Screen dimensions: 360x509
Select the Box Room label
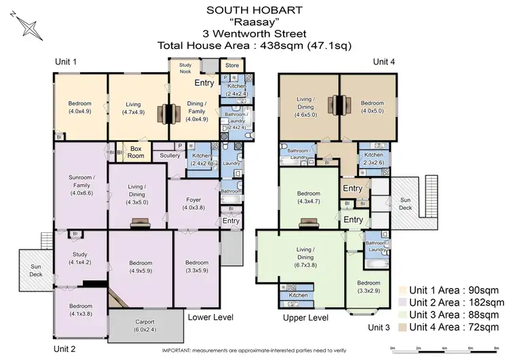tap(135, 151)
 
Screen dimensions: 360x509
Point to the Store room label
tap(232, 66)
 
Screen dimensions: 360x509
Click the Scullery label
tap(170, 156)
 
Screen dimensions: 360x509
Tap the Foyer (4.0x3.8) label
tap(193, 204)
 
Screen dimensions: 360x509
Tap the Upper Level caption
tap(305, 317)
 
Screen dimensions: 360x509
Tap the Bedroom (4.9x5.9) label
tap(140, 267)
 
